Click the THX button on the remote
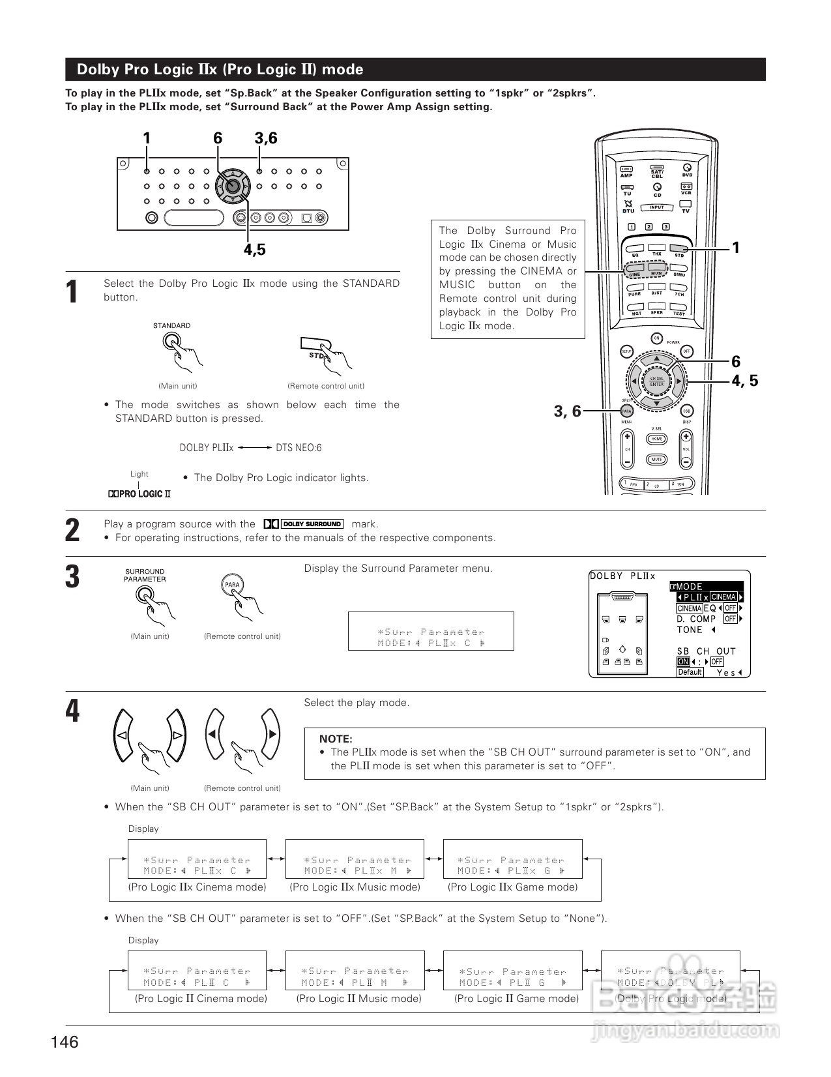pyautogui.click(x=657, y=248)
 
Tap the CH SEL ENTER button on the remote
pyautogui.click(x=656, y=381)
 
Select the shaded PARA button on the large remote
pyautogui.click(x=626, y=411)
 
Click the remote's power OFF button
pyautogui.click(x=686, y=351)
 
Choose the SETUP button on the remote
pyautogui.click(x=626, y=351)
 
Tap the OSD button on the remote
pyautogui.click(x=686, y=411)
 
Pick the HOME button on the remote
pyautogui.click(x=656, y=439)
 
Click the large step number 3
pyautogui.click(x=73, y=578)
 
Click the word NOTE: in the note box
pyautogui.click(x=336, y=739)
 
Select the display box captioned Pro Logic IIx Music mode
pyautogui.click(x=355, y=859)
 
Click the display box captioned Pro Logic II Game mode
pyautogui.click(x=512, y=971)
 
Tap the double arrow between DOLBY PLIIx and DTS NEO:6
pyautogui.click(x=254, y=448)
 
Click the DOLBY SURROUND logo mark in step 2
pyautogui.click(x=304, y=524)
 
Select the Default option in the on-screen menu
pyautogui.click(x=690, y=672)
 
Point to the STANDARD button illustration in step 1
pyautogui.click(x=171, y=340)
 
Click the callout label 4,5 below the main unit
pyautogui.click(x=255, y=250)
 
